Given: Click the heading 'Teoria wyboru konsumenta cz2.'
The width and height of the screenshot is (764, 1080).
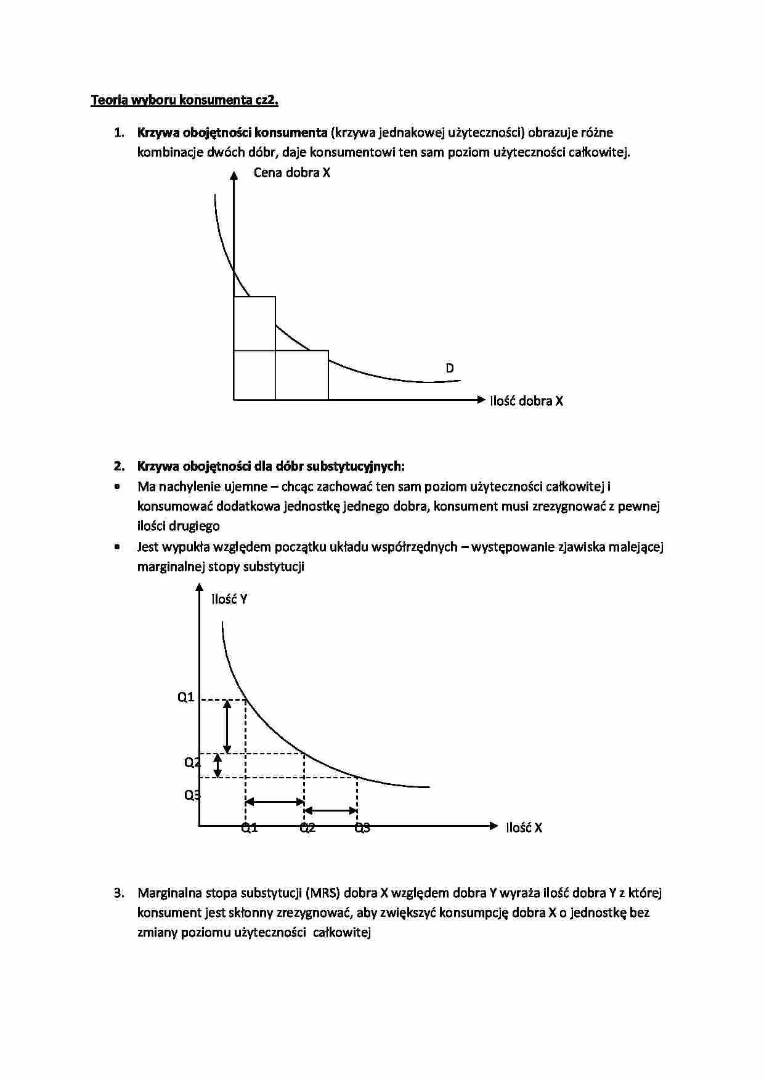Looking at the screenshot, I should point(184,100).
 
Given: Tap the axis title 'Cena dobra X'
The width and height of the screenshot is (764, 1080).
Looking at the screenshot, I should point(291,172).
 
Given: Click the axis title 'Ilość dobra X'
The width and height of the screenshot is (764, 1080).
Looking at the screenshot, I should point(526,401).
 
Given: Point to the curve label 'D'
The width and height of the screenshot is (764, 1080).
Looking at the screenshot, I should point(450,368).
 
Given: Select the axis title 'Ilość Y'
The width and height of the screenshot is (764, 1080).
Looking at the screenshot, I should point(229,599).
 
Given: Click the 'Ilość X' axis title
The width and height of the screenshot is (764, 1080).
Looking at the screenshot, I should point(524,828).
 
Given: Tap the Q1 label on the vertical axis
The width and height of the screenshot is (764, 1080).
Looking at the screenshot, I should point(186,697).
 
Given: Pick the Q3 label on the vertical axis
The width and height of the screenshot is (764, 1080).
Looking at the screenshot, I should point(192,795).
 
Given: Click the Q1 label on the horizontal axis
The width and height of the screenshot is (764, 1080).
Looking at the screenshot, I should point(249,828).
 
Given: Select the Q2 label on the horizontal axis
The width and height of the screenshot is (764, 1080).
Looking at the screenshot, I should point(307,828).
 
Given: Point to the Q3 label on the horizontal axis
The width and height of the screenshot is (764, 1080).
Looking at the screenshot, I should point(362,828).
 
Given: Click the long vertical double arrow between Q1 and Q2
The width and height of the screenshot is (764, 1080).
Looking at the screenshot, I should point(227,727).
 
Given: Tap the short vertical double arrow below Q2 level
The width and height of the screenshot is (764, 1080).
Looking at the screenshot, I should point(217,766).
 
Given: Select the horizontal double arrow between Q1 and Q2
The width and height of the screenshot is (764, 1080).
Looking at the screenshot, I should point(275,802).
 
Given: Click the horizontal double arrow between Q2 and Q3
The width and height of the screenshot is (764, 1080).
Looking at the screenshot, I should point(331,810).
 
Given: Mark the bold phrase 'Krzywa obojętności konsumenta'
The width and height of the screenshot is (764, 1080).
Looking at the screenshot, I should point(232,132).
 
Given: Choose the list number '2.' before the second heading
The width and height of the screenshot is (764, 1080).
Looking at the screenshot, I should point(119,466).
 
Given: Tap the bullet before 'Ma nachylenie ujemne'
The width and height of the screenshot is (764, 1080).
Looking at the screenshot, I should point(117,486).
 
